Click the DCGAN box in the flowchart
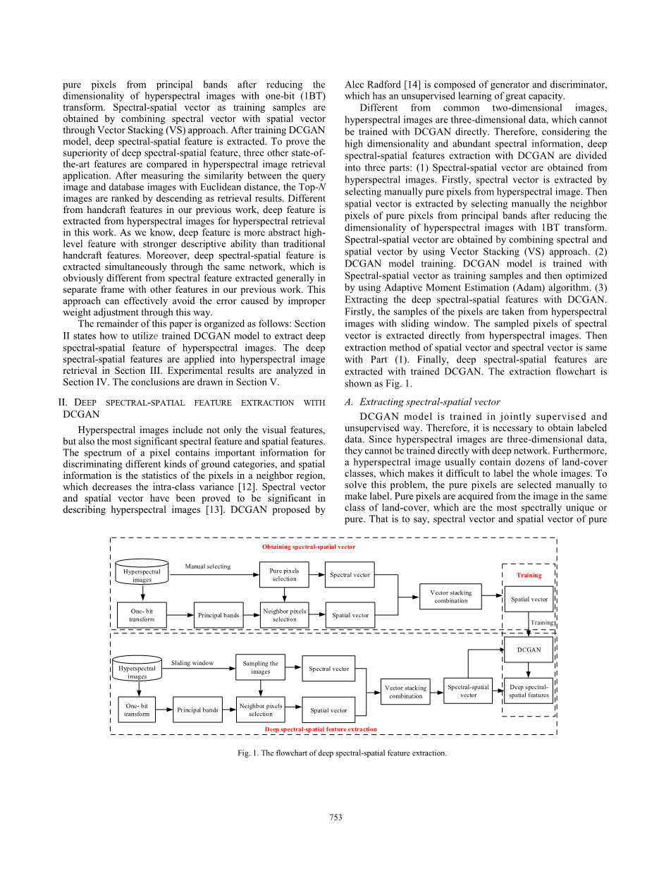[x=529, y=650]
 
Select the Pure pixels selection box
[x=284, y=575]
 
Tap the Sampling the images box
[x=260, y=667]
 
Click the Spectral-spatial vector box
[x=468, y=691]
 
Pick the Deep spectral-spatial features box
[x=529, y=691]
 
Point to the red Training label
[x=529, y=575]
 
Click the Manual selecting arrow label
[x=207, y=566]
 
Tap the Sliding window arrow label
[x=192, y=663]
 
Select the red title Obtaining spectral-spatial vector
[x=309, y=547]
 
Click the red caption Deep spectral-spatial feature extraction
[x=320, y=729]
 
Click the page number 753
[x=335, y=817]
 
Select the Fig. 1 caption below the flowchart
[x=342, y=753]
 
